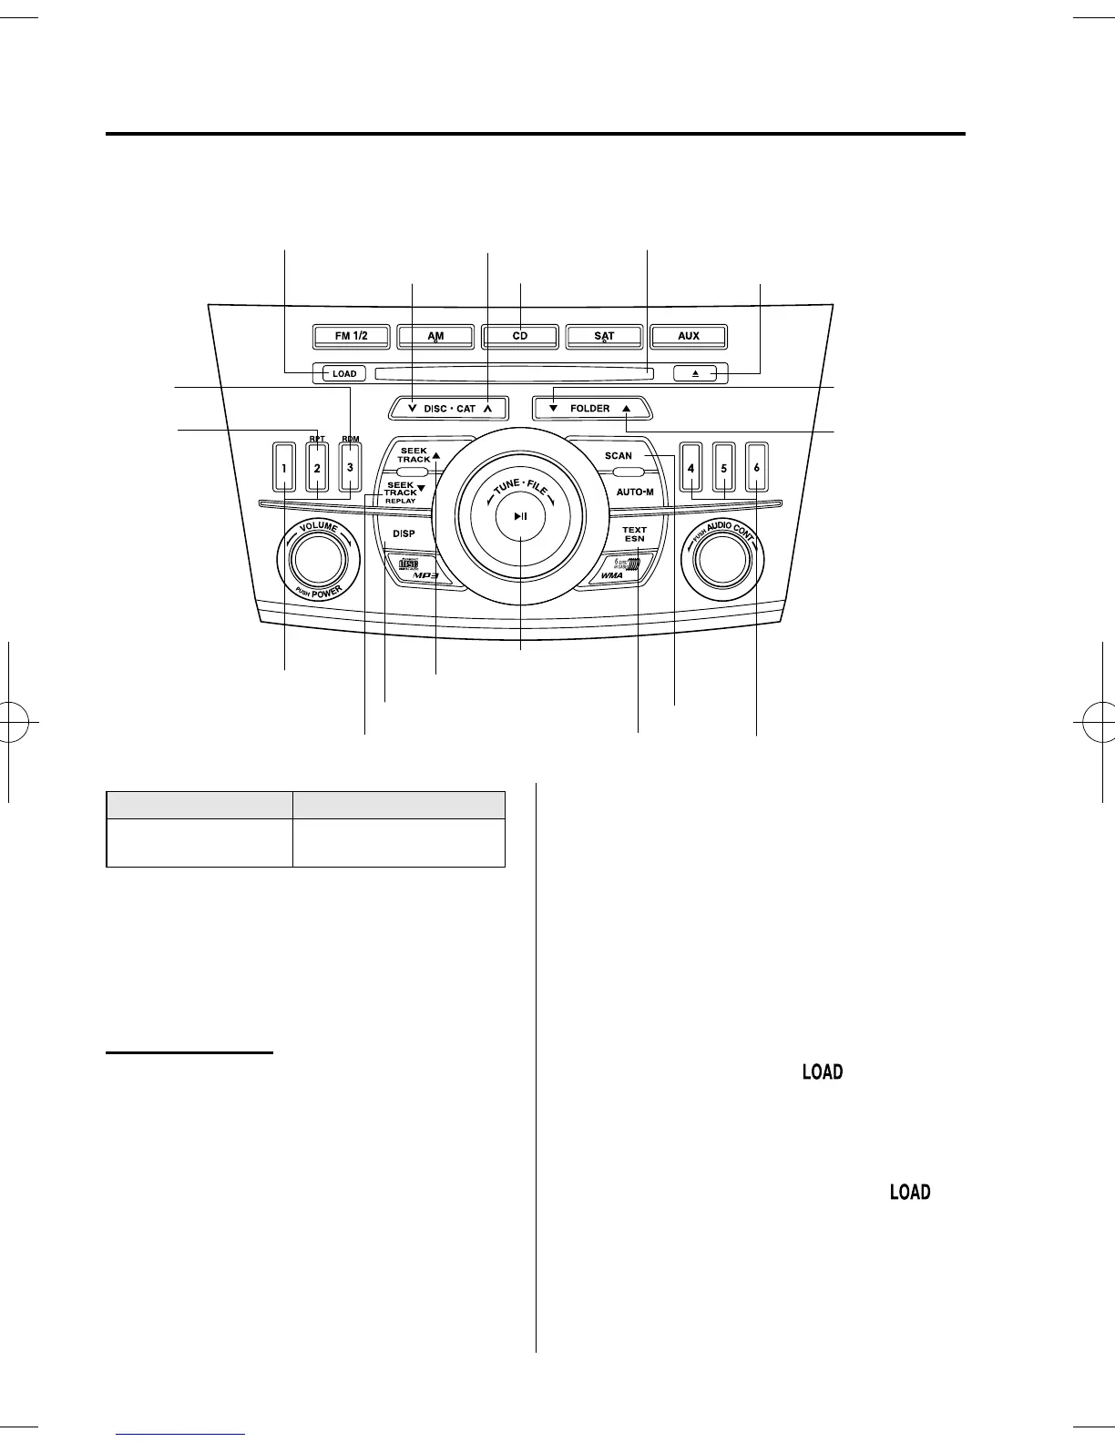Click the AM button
coord(436,336)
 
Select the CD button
coord(520,336)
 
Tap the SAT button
coord(605,336)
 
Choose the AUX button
coord(689,336)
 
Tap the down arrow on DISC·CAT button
coord(414,409)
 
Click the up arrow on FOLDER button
coord(626,409)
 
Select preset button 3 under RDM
coord(350,468)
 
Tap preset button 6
coord(756,468)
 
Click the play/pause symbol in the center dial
coord(520,516)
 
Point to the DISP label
coord(404,534)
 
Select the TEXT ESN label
coord(634,533)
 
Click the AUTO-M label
coord(635,492)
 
